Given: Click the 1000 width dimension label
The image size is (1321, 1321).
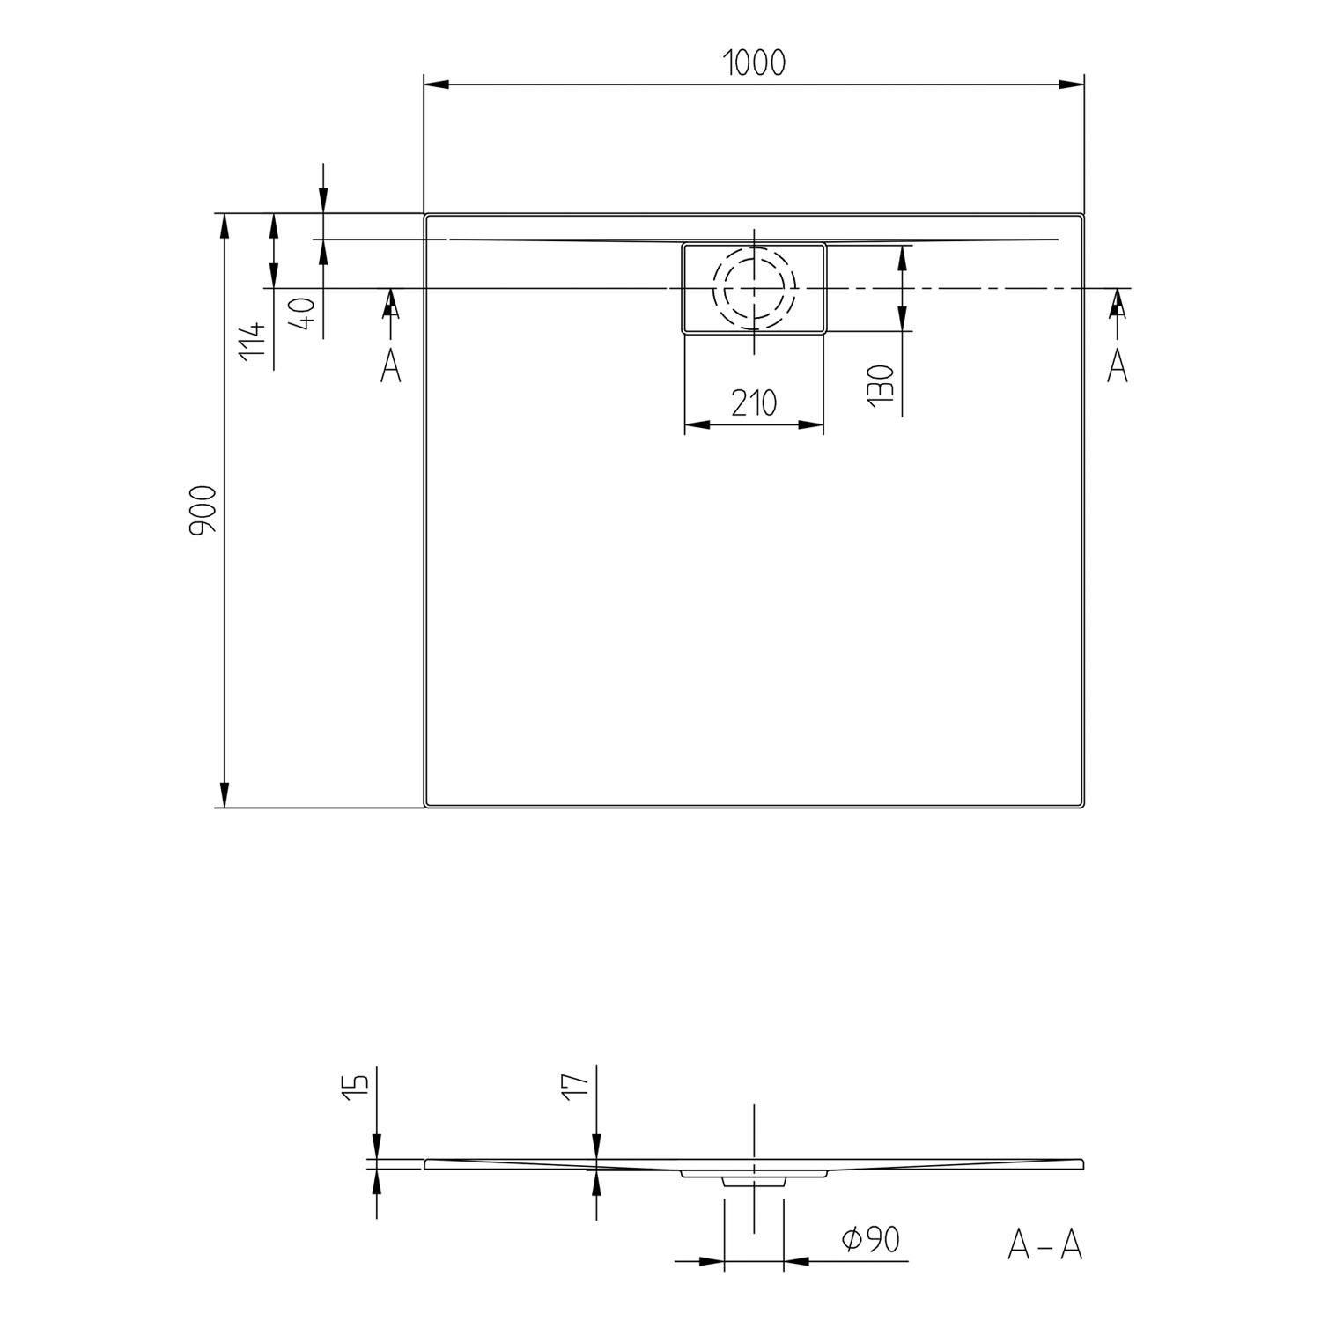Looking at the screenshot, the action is [x=754, y=63].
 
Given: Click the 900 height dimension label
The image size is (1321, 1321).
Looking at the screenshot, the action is [x=203, y=510].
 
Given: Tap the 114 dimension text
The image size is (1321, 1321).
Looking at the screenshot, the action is [x=252, y=338].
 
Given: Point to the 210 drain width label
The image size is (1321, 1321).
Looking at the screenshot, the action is [x=754, y=403].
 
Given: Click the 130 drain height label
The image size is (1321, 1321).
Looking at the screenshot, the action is [x=881, y=385].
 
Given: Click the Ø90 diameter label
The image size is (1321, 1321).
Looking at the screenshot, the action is [x=870, y=1239].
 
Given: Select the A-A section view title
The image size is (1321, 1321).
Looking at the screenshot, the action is [x=1044, y=1244].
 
